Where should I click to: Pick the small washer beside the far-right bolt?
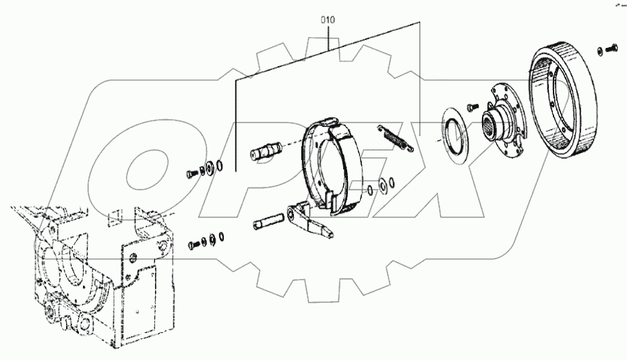click(x=600, y=51)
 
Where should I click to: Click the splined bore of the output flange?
click(x=490, y=125)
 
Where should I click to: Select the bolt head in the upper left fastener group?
click(x=190, y=173)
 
